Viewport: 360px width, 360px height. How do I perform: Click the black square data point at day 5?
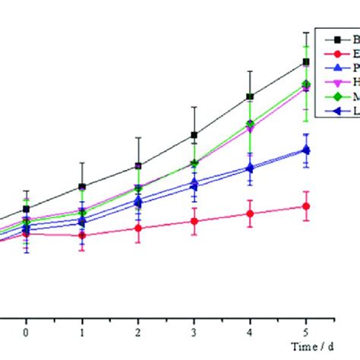[306, 62]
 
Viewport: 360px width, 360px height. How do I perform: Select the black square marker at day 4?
[249, 97]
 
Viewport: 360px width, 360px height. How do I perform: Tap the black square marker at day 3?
[194, 135]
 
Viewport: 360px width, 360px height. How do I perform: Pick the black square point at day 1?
[82, 186]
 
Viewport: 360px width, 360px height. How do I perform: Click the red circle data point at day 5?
[306, 206]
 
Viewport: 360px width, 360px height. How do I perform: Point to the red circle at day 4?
[249, 214]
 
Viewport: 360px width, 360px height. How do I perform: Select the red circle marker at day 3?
[194, 221]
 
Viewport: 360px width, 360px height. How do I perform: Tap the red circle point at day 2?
[138, 228]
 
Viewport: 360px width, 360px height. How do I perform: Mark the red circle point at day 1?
[82, 235]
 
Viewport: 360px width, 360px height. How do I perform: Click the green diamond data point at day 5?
[306, 84]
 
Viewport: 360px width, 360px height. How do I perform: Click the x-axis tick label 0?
[26, 333]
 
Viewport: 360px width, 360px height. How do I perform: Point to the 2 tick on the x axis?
[138, 333]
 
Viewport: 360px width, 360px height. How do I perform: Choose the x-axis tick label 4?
[250, 333]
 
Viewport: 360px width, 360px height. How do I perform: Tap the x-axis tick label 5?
[306, 333]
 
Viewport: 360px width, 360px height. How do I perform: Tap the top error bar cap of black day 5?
[306, 32]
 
